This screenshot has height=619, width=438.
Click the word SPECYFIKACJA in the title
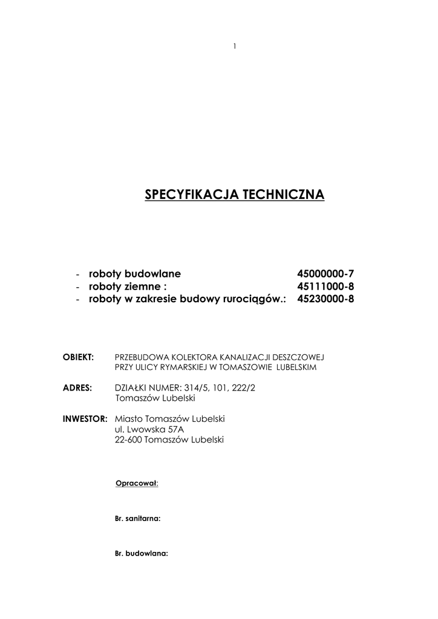pos(192,195)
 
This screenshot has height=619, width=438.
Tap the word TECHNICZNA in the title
pos(283,195)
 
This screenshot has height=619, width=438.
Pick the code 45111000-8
pos(325,286)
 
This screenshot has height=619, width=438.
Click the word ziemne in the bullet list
pos(143,286)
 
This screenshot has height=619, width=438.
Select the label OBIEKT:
pos(79,357)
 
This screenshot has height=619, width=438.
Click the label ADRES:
pos(77,387)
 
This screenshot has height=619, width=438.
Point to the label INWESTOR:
pos(85,418)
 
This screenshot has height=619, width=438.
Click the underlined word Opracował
pos(136,483)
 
